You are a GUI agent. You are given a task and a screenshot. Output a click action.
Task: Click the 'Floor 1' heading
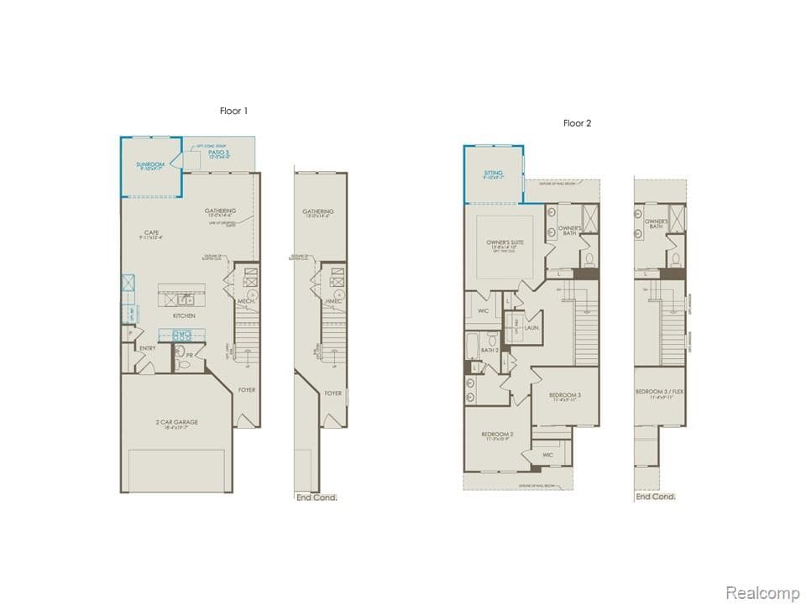click(x=233, y=111)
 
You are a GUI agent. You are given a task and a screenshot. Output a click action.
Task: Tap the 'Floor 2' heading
click(x=577, y=123)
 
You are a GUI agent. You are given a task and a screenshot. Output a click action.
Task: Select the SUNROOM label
click(x=151, y=164)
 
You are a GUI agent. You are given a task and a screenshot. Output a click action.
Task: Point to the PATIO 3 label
click(x=219, y=153)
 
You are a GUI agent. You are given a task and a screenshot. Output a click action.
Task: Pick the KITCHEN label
click(x=184, y=315)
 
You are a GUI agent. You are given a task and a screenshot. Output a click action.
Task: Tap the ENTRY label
click(x=148, y=348)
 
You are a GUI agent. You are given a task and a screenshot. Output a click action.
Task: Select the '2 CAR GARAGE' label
click(x=176, y=422)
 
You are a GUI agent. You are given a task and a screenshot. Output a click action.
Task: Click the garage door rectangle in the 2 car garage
click(x=176, y=471)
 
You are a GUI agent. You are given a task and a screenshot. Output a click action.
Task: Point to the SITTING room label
click(x=493, y=174)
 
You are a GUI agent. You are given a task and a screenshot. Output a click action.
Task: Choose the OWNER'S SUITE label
click(x=505, y=243)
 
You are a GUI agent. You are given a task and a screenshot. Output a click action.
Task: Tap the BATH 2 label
click(x=490, y=350)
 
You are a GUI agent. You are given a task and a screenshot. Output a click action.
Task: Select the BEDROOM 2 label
click(x=497, y=434)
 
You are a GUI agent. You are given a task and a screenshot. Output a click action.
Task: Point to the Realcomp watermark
click(x=762, y=593)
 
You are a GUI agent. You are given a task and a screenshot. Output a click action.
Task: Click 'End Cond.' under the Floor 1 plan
click(x=317, y=497)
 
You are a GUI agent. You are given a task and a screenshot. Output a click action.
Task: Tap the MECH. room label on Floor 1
click(x=246, y=300)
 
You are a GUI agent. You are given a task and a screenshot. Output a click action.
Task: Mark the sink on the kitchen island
click(x=182, y=299)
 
